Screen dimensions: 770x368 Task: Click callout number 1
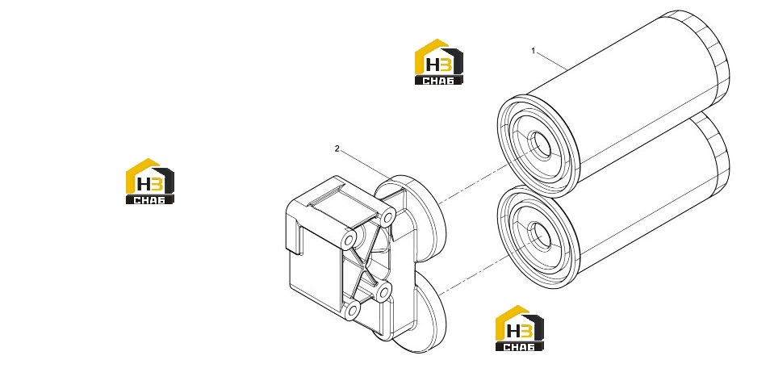pos(534,51)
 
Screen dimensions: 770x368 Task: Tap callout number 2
pos(337,148)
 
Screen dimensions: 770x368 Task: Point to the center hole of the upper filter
pos(541,145)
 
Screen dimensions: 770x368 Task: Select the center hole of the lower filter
pos(541,236)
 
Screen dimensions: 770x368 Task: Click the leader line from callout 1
pos(552,61)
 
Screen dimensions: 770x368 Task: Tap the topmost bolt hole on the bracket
pos(388,217)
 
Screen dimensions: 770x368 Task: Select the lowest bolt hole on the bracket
pos(352,311)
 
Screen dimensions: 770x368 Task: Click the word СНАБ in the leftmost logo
pos(150,199)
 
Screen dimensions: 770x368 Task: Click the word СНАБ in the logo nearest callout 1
pos(438,81)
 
